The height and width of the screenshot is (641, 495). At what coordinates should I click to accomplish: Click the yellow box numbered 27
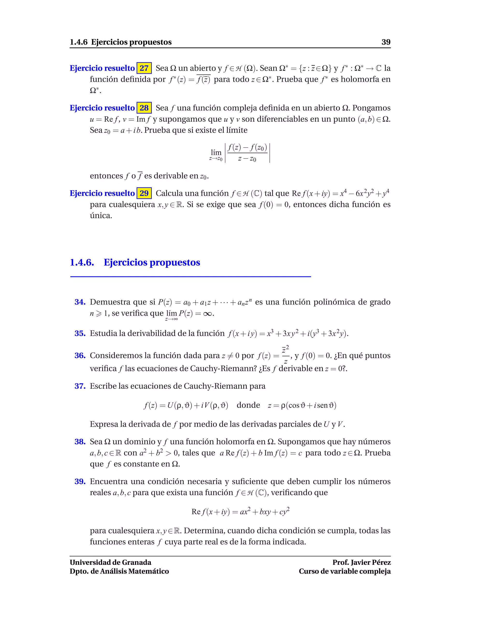point(144,68)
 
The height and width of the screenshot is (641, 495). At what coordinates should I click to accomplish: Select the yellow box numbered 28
point(144,108)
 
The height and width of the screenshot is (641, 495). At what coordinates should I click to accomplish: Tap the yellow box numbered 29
point(144,193)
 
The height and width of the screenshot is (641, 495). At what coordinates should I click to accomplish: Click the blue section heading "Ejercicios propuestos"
point(152,262)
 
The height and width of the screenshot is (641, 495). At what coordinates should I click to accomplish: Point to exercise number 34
point(80,302)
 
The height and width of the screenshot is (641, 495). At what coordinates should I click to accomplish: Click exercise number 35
point(80,333)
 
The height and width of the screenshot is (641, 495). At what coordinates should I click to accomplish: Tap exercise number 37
point(80,386)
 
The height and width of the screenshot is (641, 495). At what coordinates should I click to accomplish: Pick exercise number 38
point(80,442)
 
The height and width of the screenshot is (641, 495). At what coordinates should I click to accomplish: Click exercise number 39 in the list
point(80,481)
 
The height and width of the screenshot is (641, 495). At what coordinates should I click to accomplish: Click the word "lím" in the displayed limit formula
point(216,152)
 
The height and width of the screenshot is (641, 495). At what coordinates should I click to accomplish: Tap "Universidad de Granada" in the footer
point(110,563)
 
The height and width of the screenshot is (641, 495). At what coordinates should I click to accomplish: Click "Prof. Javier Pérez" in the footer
point(361,563)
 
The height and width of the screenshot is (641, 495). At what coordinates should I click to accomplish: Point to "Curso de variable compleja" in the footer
point(345,571)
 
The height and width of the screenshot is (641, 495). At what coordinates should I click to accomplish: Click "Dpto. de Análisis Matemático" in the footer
point(119,571)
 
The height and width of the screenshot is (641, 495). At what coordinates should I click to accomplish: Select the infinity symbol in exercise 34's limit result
point(207,314)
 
